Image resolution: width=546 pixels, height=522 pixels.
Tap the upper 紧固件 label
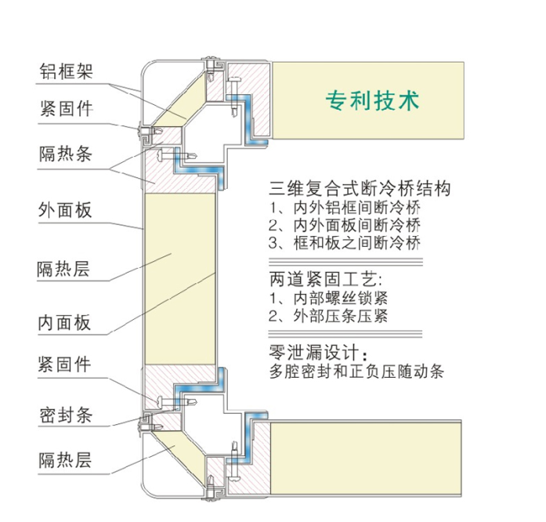click(66, 109)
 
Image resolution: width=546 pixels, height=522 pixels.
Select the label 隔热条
click(66, 153)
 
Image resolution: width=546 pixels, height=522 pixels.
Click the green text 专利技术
click(373, 100)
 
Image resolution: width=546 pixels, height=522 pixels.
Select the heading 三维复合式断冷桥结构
click(360, 189)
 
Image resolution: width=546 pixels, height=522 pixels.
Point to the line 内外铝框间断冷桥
click(344, 208)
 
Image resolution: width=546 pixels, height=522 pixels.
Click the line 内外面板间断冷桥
click(344, 226)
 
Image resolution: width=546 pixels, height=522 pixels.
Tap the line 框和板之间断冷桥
click(344, 243)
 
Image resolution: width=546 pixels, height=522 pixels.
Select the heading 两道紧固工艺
click(328, 279)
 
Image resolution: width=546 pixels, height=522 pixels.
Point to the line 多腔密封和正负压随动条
click(356, 372)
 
